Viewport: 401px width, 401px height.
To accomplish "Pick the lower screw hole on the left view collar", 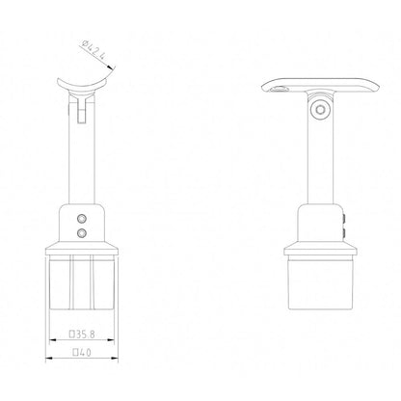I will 81,232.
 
